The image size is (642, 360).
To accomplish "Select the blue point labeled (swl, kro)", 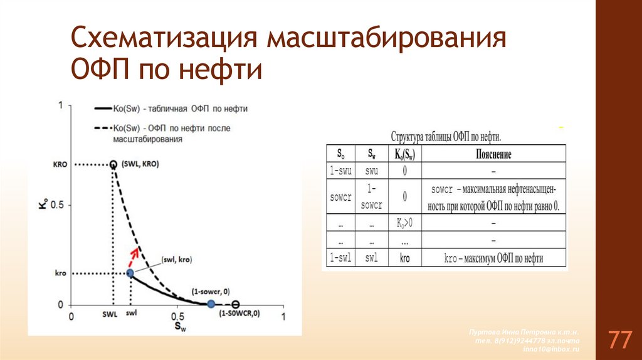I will [x=130, y=273].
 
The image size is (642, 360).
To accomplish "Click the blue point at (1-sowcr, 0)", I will [x=211, y=304].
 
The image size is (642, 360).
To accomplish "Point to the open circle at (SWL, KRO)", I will [x=113, y=164].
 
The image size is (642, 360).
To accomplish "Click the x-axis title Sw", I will [x=179, y=327].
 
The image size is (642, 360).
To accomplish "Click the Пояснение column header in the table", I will [x=494, y=154].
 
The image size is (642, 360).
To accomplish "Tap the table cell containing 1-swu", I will [x=340, y=171].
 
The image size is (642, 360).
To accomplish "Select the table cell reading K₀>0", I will [x=405, y=223].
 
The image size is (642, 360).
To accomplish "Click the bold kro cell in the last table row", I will [x=405, y=258].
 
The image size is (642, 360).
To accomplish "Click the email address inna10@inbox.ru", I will [x=552, y=348].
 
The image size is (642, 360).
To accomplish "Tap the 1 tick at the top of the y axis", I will [x=60, y=105].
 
